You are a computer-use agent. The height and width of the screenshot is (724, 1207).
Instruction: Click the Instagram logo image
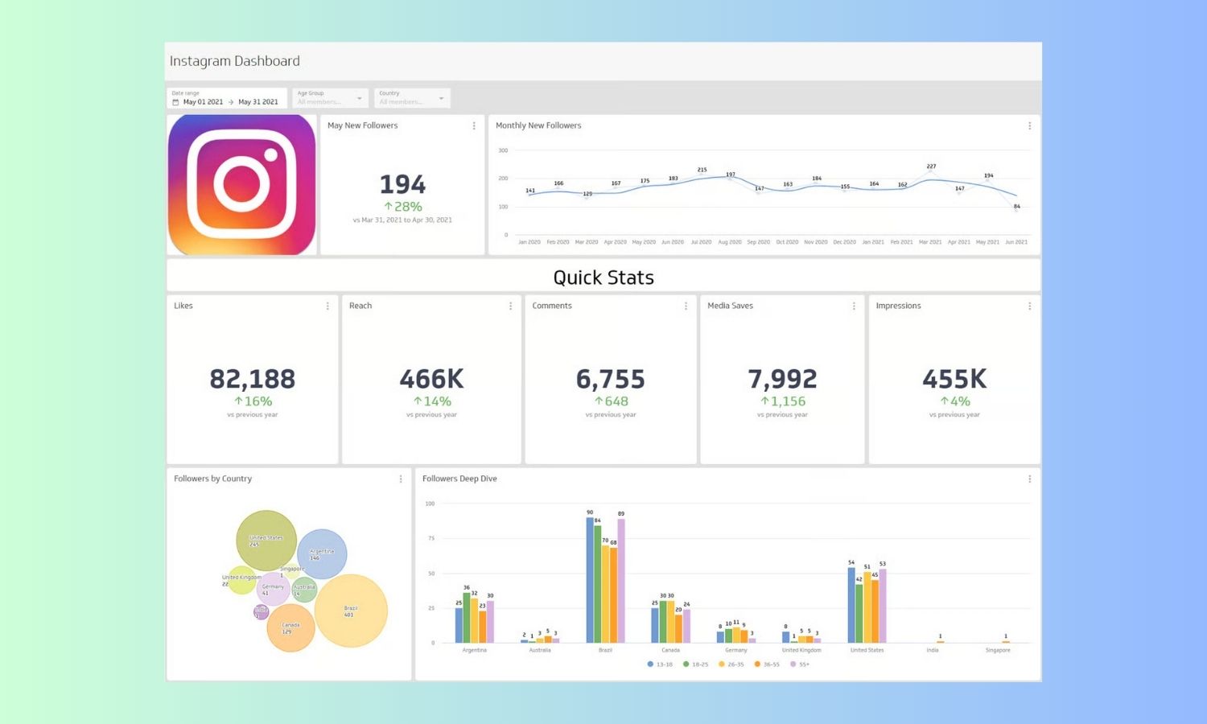pyautogui.click(x=241, y=184)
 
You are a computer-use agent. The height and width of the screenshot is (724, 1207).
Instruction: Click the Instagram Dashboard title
pyautogui.click(x=234, y=61)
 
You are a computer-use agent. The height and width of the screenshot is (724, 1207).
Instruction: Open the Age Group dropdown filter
pyautogui.click(x=330, y=98)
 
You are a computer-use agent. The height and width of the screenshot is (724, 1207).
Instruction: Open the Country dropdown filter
pyautogui.click(x=412, y=98)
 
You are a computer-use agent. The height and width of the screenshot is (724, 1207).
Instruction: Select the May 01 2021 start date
pyautogui.click(x=203, y=102)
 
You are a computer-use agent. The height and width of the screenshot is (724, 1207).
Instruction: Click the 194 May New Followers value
pyautogui.click(x=402, y=185)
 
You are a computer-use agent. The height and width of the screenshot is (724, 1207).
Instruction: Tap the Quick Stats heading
pyautogui.click(x=603, y=278)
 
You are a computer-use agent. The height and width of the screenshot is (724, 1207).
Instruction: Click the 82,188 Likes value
pyautogui.click(x=252, y=379)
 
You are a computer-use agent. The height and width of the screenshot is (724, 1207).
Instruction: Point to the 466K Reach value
pyautogui.click(x=431, y=379)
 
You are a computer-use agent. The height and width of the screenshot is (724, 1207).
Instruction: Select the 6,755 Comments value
pyautogui.click(x=610, y=379)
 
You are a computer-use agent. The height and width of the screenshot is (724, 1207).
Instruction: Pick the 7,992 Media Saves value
pyautogui.click(x=782, y=379)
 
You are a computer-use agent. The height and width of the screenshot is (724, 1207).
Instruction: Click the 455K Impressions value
pyautogui.click(x=954, y=379)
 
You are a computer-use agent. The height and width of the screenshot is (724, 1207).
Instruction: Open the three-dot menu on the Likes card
pyautogui.click(x=327, y=306)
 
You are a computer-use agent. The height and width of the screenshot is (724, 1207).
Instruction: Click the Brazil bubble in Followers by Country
pyautogui.click(x=351, y=611)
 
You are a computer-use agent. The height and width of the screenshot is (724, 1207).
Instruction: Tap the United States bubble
pyautogui.click(x=266, y=540)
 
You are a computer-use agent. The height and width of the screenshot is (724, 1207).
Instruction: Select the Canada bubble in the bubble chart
pyautogui.click(x=290, y=627)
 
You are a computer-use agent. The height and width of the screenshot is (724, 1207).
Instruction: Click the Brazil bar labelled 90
pyautogui.click(x=590, y=579)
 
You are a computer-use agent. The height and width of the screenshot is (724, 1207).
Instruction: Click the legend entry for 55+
pyautogui.click(x=800, y=664)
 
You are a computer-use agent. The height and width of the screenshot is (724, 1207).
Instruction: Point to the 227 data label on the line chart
pyautogui.click(x=931, y=167)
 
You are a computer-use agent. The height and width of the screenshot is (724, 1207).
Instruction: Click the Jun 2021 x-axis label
pyautogui.click(x=1016, y=242)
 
